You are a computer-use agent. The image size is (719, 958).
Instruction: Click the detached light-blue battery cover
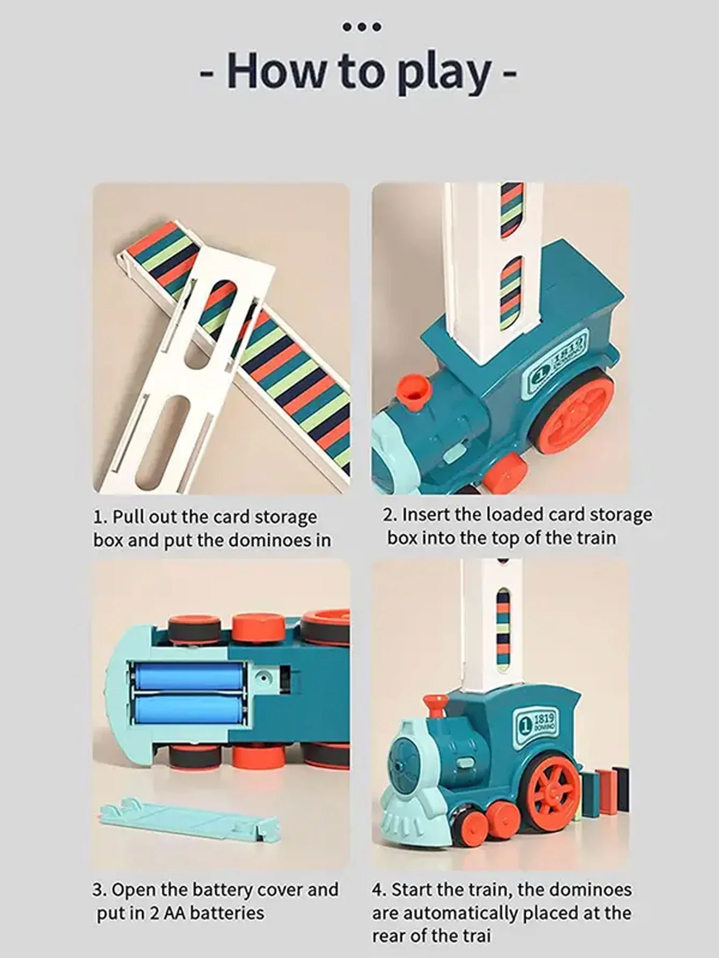(188, 824)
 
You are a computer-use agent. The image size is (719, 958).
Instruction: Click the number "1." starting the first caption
(100, 517)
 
